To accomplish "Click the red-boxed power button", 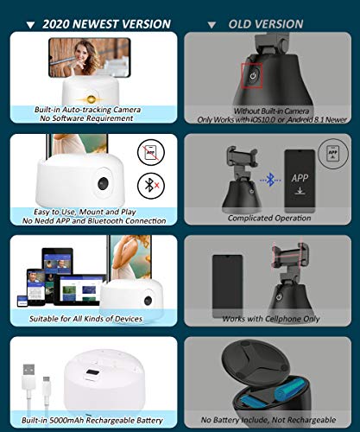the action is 253,76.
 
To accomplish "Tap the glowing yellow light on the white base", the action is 92,99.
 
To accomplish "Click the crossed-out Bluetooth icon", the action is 151,186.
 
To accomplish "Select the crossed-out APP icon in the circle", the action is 151,152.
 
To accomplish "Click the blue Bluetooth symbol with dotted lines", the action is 270,180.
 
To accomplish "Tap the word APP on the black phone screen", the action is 300,178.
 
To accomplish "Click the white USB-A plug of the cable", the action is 28,372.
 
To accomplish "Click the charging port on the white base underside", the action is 92,373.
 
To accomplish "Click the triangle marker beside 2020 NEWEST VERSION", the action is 30,25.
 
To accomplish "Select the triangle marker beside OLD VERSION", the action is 212,25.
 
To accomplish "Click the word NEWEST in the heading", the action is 102,24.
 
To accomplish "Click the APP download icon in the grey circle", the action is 333,154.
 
